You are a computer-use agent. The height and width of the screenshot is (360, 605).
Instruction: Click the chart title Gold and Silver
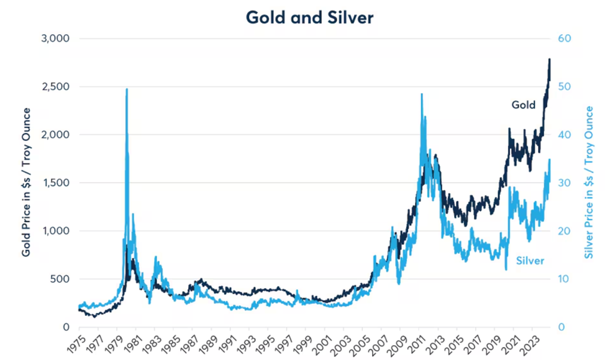click(309, 17)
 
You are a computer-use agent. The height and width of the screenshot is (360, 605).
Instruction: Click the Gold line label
click(523, 105)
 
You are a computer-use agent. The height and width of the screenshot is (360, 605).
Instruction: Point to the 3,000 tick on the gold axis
click(57, 38)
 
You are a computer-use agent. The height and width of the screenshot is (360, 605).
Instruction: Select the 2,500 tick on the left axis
click(57, 87)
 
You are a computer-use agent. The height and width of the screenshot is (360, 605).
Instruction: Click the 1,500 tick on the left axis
click(57, 183)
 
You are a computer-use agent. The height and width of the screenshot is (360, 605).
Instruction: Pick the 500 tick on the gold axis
click(61, 279)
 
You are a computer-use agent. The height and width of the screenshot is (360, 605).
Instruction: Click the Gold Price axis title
click(26, 182)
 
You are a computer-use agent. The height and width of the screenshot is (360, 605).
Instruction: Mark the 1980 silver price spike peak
click(127, 89)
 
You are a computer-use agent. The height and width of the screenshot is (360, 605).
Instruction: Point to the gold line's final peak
click(549, 60)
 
